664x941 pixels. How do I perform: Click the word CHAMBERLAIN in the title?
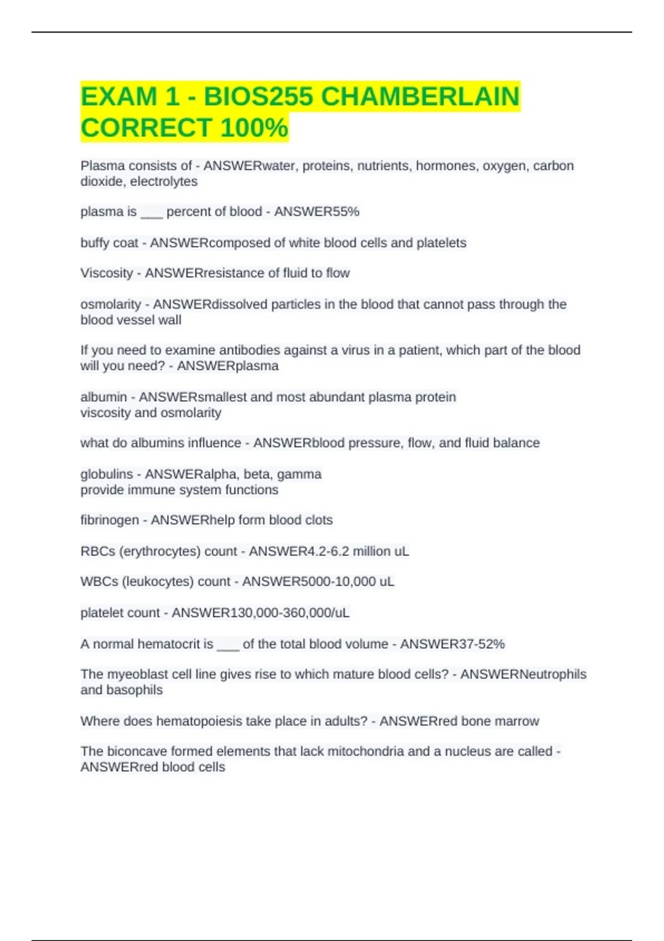click(420, 97)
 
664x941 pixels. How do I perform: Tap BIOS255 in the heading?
click(258, 97)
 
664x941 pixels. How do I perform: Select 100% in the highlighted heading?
click(254, 128)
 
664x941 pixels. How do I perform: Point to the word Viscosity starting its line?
click(107, 273)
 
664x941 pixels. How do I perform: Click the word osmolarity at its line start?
click(111, 304)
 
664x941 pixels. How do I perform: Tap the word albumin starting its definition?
click(103, 397)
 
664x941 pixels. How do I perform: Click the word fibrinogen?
click(110, 520)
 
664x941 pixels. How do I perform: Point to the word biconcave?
click(137, 751)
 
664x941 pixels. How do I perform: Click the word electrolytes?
click(164, 182)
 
